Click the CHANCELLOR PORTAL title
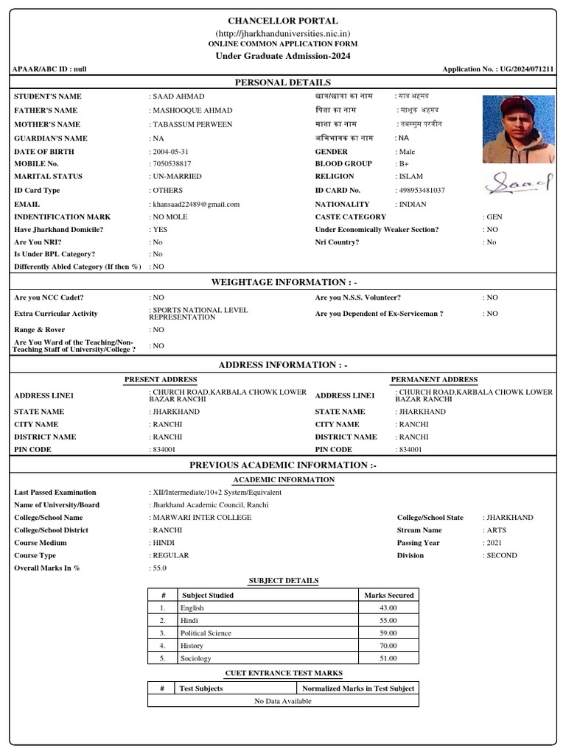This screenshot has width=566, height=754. (283, 21)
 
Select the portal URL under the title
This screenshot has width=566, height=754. (283, 34)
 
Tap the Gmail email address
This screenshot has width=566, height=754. (196, 204)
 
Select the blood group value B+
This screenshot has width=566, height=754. (404, 163)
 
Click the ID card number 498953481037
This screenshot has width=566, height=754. (421, 191)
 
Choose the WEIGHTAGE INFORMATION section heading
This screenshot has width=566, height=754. (283, 282)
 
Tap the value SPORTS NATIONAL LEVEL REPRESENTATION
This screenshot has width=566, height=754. (200, 314)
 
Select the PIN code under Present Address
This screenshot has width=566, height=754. (164, 449)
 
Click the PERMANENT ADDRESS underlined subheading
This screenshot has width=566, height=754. (433, 379)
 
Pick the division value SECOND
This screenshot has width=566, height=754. (502, 555)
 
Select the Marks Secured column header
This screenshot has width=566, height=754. (388, 595)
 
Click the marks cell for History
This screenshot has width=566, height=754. (388, 646)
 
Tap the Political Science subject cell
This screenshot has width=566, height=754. (206, 633)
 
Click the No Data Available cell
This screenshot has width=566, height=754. (283, 701)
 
